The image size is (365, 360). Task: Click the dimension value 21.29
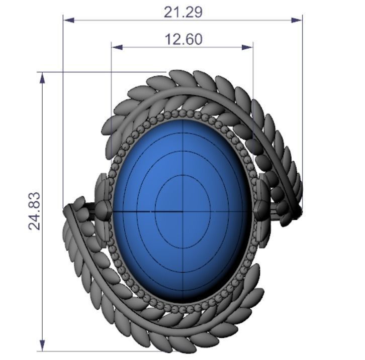point(183,12)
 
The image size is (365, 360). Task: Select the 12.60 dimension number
point(184,39)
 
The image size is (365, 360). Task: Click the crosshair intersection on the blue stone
point(182,211)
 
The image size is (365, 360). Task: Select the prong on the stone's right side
point(262,209)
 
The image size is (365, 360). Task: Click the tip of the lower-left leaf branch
point(68,209)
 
